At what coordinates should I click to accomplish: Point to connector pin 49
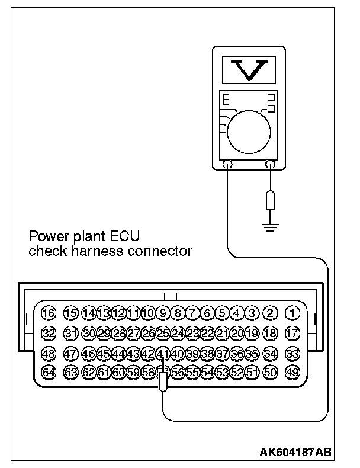coord(292,373)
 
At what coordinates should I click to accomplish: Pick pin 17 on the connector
coord(292,333)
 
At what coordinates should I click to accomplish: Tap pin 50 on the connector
coord(271,373)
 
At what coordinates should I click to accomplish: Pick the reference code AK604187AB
coord(295,452)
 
